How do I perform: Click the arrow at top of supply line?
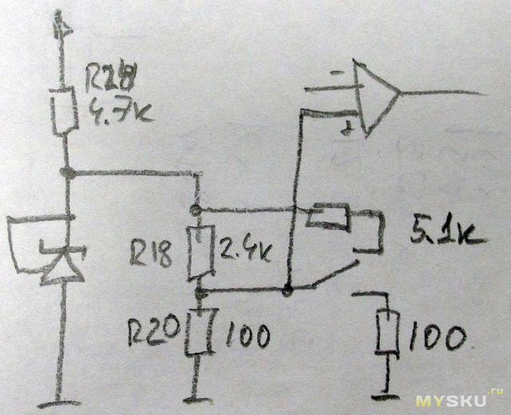pos(63,26)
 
